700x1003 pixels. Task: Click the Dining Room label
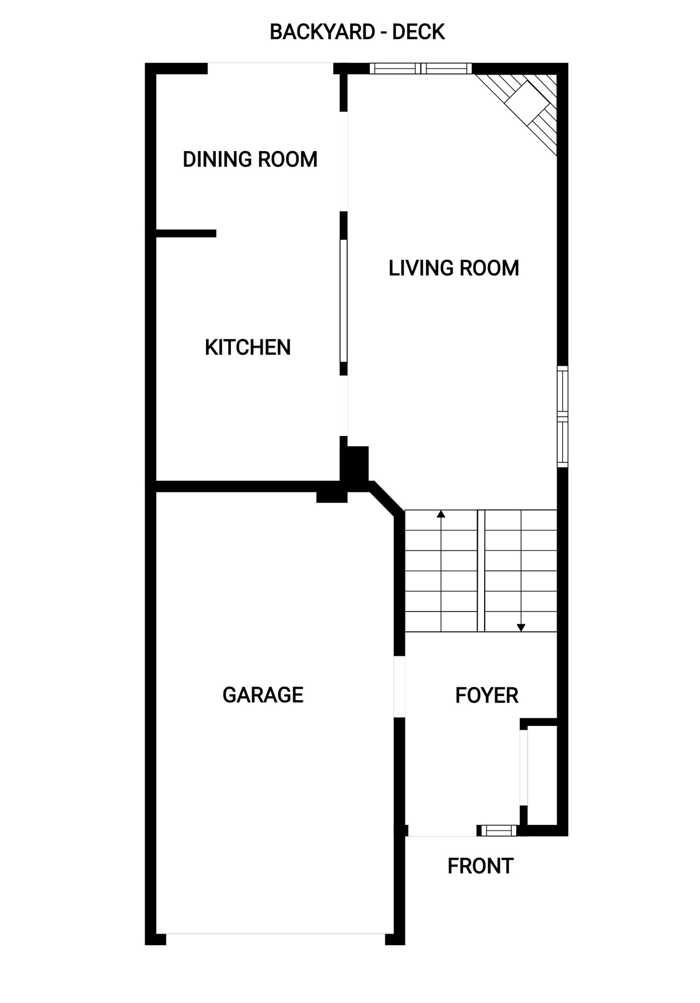click(250, 159)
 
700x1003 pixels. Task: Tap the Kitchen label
click(248, 348)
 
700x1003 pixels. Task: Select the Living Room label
click(454, 268)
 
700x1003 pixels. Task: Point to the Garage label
click(263, 695)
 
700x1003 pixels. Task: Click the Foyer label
click(487, 696)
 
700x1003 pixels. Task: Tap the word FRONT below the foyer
click(481, 866)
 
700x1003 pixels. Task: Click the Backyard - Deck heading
click(358, 32)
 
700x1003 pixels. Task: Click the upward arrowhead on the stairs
click(441, 514)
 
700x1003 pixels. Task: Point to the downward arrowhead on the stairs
click(521, 628)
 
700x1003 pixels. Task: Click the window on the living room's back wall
click(421, 68)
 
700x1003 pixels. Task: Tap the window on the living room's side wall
click(562, 417)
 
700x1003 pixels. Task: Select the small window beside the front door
click(498, 830)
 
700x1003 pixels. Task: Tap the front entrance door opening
click(442, 831)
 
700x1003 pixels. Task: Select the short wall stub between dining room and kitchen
click(186, 233)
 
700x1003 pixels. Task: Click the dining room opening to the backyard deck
click(271, 68)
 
